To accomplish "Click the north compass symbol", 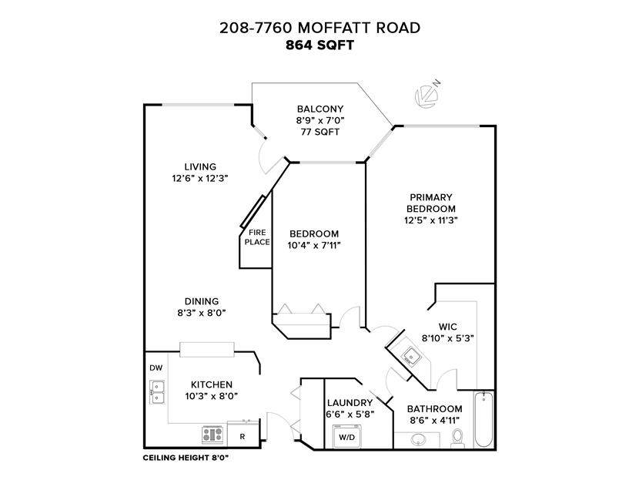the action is (x=426, y=95).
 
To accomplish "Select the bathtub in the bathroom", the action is (x=483, y=419).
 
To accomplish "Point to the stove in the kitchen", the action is (x=212, y=435).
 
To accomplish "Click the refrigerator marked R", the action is (x=243, y=435).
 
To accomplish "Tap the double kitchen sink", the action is (x=157, y=391).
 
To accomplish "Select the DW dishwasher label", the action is (x=156, y=368).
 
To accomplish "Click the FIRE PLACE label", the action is (x=257, y=237).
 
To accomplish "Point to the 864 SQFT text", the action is (x=319, y=45).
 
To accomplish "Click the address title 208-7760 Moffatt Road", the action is (x=320, y=28).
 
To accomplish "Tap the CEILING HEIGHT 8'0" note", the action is (x=186, y=458).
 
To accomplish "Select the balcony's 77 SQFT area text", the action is (x=320, y=132).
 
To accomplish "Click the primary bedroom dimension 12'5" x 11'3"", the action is (x=431, y=220).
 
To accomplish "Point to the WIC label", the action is (x=447, y=327).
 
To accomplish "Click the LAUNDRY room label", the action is (x=350, y=403).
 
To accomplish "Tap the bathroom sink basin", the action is (x=418, y=440).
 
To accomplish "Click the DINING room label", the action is (x=202, y=301).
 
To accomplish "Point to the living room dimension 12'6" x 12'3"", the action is (x=199, y=178).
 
